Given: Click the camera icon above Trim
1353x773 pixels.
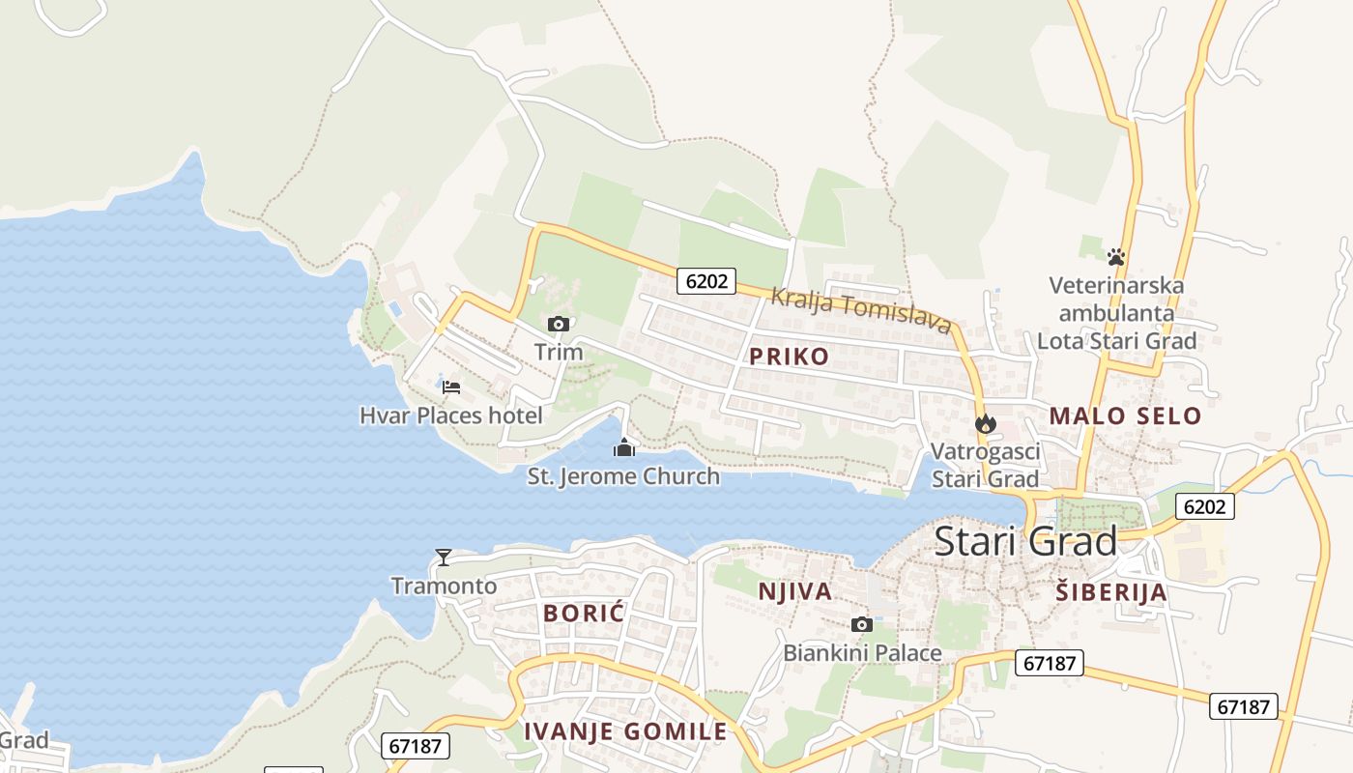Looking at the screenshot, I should click(x=559, y=324).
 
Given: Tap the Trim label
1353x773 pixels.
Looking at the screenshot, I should click(x=559, y=352).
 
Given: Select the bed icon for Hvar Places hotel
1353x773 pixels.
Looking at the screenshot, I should click(x=451, y=387).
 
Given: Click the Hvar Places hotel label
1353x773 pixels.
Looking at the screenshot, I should click(x=451, y=415).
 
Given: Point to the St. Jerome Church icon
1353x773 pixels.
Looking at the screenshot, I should click(x=624, y=447).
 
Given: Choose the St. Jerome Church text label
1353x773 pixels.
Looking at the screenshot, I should click(x=623, y=475).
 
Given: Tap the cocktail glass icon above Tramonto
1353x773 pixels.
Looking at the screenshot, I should click(x=444, y=557).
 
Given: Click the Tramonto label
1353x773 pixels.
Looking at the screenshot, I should click(x=444, y=586).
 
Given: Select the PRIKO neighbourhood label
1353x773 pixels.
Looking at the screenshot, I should click(x=789, y=356).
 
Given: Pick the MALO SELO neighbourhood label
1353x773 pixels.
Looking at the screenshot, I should click(x=1125, y=416).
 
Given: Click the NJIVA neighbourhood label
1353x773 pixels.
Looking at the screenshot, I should click(x=795, y=591).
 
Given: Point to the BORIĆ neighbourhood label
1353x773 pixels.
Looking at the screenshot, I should click(x=585, y=613).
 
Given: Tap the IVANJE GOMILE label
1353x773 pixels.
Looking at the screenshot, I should click(x=625, y=731).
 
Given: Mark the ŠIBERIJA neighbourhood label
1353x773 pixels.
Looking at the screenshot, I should click(x=1111, y=592).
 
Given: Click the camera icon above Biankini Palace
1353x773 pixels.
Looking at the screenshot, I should click(x=862, y=624).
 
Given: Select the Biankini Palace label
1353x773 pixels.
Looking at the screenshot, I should click(x=862, y=653).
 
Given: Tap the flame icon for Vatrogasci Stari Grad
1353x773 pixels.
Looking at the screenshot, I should click(x=985, y=423).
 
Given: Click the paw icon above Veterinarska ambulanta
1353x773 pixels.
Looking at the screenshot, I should click(x=1116, y=257).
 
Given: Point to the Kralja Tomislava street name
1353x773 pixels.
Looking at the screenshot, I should click(x=861, y=310).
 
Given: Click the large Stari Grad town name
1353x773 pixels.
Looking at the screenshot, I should click(x=1025, y=541).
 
